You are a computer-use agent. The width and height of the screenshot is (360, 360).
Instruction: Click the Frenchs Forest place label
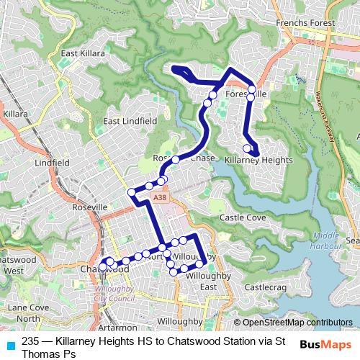click(x=306, y=23)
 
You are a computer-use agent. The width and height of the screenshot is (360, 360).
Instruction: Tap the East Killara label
click(x=84, y=53)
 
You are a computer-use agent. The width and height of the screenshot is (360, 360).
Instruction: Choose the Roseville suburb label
click(x=89, y=207)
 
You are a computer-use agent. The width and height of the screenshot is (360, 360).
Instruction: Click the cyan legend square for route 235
click(x=10, y=343)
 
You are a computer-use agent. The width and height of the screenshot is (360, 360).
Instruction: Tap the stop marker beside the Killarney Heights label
click(x=247, y=149)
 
